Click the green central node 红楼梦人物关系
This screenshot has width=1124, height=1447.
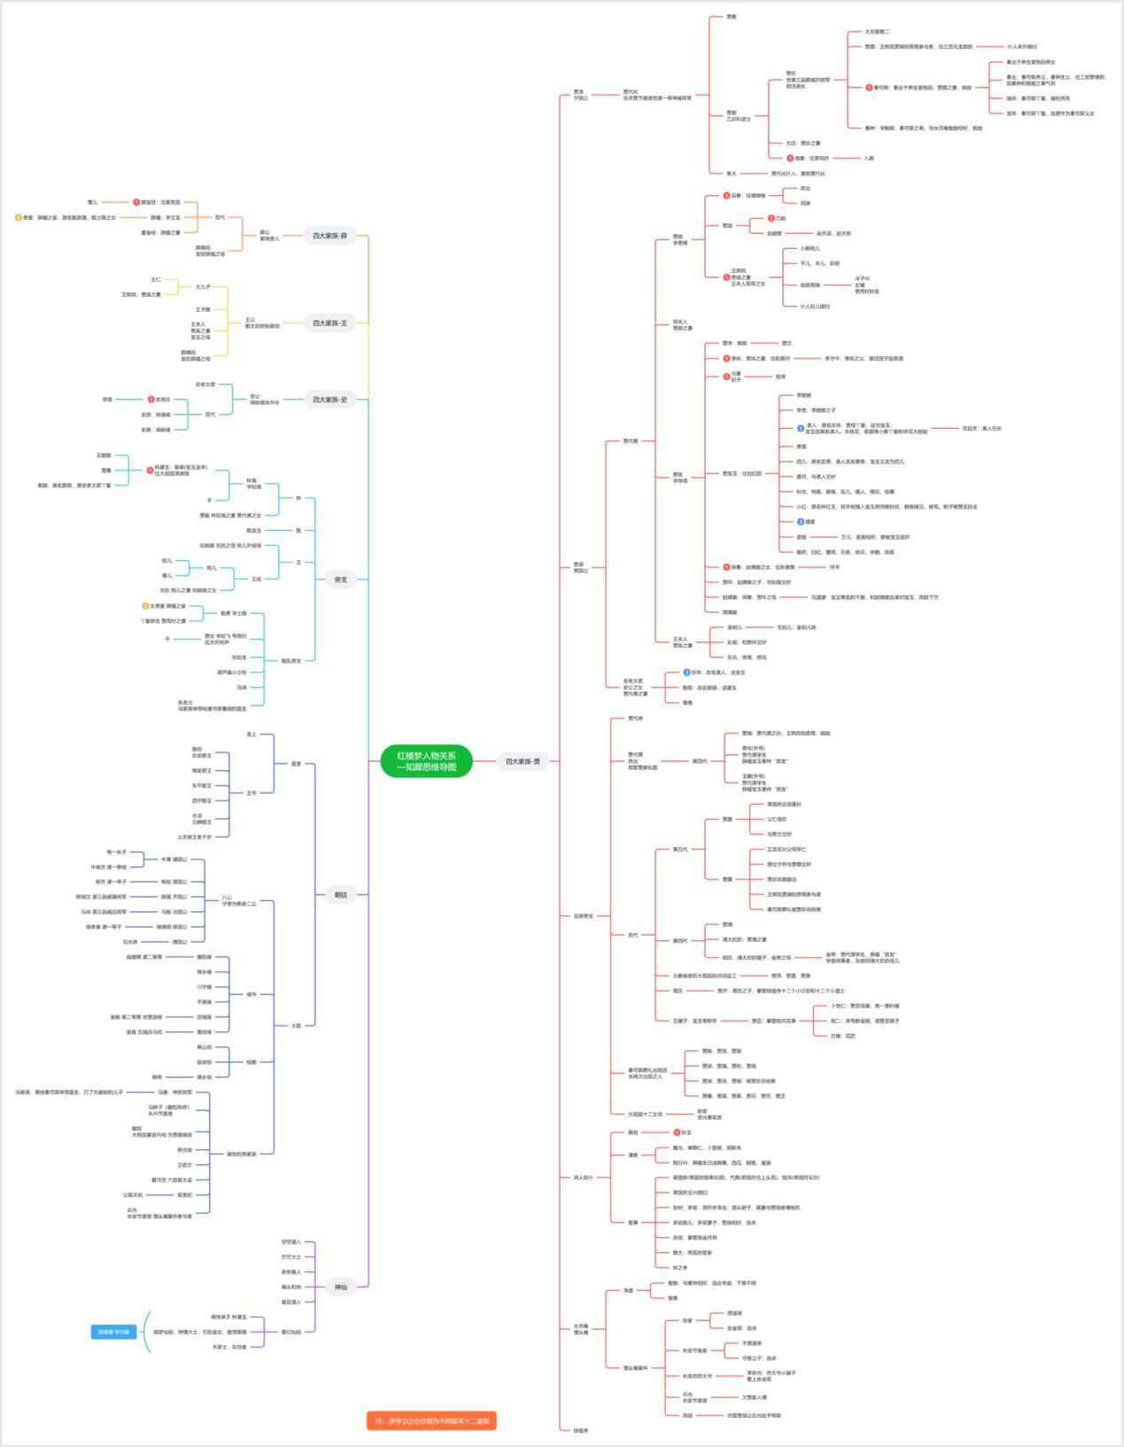point(426,761)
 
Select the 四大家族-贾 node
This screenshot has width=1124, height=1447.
point(522,761)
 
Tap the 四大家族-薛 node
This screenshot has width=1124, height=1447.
point(329,236)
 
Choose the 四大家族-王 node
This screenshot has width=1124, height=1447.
point(329,323)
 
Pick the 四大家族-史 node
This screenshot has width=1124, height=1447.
point(329,400)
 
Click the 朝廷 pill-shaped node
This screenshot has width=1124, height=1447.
point(340,895)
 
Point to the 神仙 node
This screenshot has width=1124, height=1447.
point(340,1287)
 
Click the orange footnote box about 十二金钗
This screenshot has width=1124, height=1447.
point(431,1420)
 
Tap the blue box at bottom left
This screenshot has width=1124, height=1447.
point(113,1332)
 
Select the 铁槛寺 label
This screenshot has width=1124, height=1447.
point(580,1430)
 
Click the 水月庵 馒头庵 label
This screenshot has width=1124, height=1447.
point(581,1329)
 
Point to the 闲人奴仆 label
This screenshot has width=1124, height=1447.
point(584,1178)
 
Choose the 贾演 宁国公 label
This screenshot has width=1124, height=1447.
point(579,95)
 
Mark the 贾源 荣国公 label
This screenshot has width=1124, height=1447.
point(579,567)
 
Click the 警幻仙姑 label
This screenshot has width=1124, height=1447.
point(291,1332)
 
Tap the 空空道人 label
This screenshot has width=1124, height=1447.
point(291,1242)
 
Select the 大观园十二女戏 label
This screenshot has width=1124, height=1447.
point(645,1114)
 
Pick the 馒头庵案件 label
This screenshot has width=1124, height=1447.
point(635,1367)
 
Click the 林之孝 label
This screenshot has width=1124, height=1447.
point(680,1268)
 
